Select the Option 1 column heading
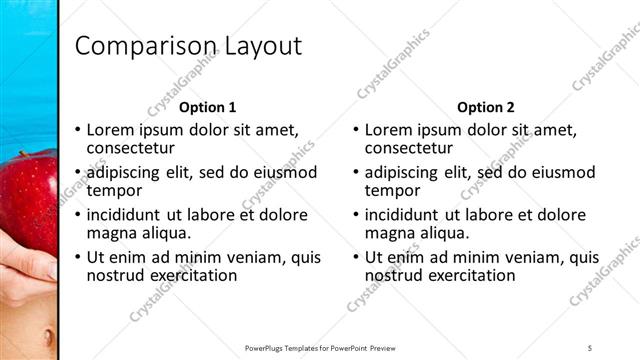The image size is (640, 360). [208, 107]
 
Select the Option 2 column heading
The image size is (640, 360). [486, 107]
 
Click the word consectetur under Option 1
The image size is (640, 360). [130, 148]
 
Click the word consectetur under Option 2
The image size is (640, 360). [408, 148]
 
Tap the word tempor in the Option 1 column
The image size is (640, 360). [114, 190]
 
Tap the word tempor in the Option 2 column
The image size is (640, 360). [392, 190]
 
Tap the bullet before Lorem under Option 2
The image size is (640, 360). [355, 131]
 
